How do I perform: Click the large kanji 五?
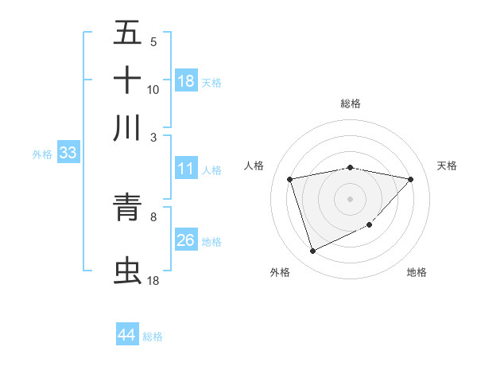[x=127, y=33]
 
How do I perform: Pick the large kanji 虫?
[x=127, y=271]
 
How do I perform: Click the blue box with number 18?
[x=186, y=81]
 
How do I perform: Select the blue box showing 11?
[x=186, y=169]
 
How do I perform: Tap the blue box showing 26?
[x=186, y=240]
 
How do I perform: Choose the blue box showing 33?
[x=68, y=153]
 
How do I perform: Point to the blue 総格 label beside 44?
[x=153, y=337]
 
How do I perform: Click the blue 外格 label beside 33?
[x=42, y=154]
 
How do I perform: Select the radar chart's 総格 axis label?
[x=351, y=103]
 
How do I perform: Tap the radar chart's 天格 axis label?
[x=447, y=166]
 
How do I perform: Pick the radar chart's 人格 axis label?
[x=254, y=166]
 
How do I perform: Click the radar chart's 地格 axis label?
[x=417, y=272]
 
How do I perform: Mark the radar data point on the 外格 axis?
[x=312, y=251]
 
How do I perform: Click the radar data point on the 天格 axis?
[x=410, y=179]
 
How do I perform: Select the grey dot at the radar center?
[x=351, y=198]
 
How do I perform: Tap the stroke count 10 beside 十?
[x=153, y=89]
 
